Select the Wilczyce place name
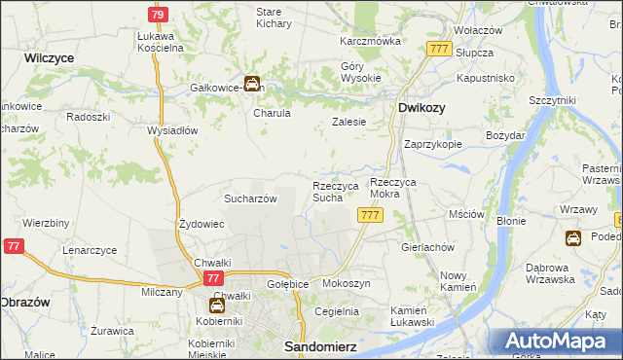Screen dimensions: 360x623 pyautogui.click(x=50, y=58)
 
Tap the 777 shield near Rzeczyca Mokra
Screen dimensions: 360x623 pyautogui.click(x=369, y=215)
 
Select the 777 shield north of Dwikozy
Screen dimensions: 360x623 pyautogui.click(x=438, y=49)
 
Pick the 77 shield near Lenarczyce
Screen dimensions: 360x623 pyautogui.click(x=13, y=248)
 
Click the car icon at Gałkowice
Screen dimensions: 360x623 pyautogui.click(x=252, y=85)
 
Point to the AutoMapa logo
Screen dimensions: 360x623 pyautogui.click(x=554, y=341)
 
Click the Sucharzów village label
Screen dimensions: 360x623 pyautogui.click(x=251, y=198)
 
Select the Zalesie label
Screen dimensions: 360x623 pyautogui.click(x=348, y=122)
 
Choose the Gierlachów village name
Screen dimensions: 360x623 pyautogui.click(x=428, y=247)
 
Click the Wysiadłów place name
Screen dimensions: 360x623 pyautogui.click(x=172, y=129)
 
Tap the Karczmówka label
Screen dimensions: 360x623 pyautogui.click(x=370, y=42)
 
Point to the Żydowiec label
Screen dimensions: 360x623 pyautogui.click(x=202, y=224)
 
